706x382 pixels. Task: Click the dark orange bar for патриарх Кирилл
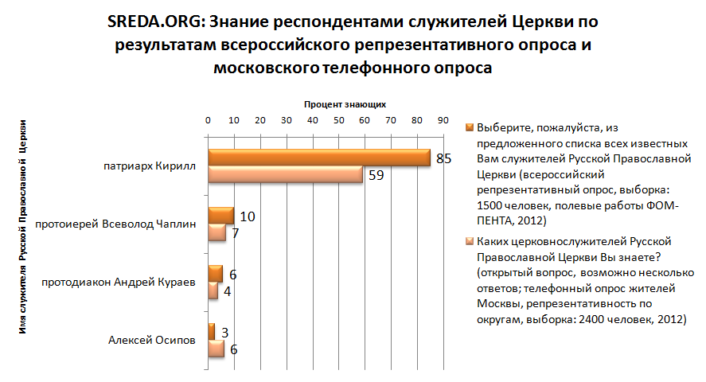tap(318, 158)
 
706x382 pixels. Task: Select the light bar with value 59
tap(285, 175)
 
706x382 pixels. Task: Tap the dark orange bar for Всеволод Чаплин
tap(220, 216)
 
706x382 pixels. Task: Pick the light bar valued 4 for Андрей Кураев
tap(213, 290)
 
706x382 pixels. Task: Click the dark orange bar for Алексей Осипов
tap(211, 331)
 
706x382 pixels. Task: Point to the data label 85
tap(443, 158)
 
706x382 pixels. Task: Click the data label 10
tap(248, 216)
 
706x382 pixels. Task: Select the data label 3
tap(225, 331)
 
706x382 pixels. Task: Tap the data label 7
tap(235, 232)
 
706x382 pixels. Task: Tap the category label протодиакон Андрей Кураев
tap(118, 282)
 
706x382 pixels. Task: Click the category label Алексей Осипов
tap(151, 341)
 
